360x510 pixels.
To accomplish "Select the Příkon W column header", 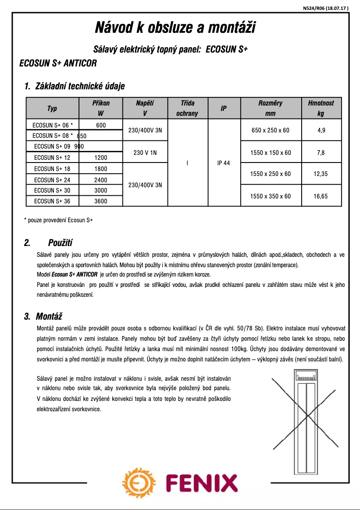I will tap(101, 108).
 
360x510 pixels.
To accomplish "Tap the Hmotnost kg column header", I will tap(320, 108).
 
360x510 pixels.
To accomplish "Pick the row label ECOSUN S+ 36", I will tap(52, 201).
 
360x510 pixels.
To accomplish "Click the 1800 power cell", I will tap(101, 168).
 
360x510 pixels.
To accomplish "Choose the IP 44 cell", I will tap(223, 163).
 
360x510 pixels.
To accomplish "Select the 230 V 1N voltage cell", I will tap(145, 153).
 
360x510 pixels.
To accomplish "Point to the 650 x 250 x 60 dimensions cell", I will tap(271, 130).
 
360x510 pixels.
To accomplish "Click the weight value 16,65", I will tap(320, 196).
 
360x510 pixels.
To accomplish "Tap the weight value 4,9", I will tap(320, 130).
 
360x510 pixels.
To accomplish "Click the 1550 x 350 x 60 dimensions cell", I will tap(271, 196).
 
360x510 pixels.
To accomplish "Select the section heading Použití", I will tap(60, 243).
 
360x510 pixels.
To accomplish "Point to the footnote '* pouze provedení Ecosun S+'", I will tap(58, 220).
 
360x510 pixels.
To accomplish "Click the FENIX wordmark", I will tap(201, 484).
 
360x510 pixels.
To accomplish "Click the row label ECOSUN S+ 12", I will tap(52, 158).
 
